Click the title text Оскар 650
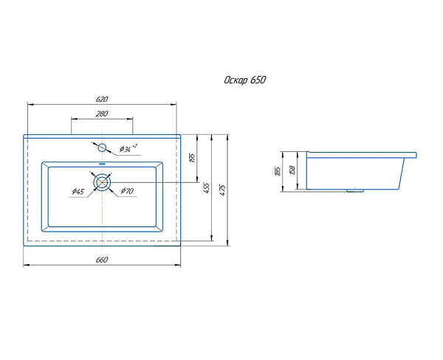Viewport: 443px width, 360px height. point(244,80)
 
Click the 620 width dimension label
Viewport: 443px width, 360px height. point(102,99)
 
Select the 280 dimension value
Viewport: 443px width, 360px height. point(102,114)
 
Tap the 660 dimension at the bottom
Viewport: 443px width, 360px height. point(102,260)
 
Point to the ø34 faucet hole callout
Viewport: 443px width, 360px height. point(128,148)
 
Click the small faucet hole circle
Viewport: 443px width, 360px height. point(102,148)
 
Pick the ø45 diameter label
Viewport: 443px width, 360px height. point(78,192)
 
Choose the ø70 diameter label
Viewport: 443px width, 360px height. point(127,191)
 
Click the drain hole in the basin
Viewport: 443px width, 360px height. point(102,182)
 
